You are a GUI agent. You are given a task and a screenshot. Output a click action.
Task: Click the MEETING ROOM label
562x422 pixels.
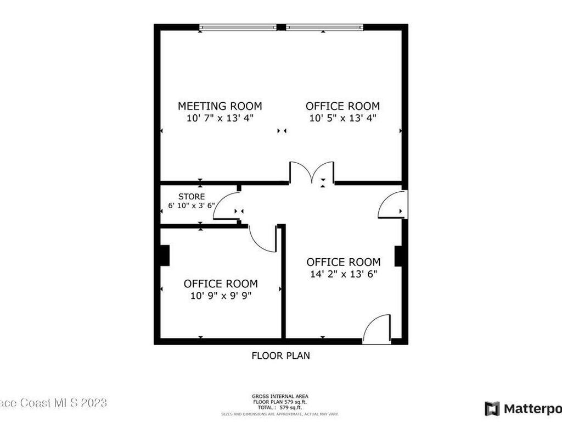(220, 106)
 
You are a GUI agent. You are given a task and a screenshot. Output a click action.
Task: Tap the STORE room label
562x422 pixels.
(192, 197)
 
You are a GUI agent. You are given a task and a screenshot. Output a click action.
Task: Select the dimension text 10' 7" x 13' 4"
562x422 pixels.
(220, 118)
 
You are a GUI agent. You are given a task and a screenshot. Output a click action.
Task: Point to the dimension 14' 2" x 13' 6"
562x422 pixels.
(342, 274)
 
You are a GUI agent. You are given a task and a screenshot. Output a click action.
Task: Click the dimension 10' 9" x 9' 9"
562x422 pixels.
(220, 296)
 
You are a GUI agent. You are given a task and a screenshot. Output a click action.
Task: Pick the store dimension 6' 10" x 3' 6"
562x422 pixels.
(192, 207)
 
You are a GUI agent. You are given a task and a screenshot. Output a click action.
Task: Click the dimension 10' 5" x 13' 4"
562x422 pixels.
(342, 118)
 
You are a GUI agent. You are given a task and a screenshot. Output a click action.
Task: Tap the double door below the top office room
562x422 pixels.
(312, 173)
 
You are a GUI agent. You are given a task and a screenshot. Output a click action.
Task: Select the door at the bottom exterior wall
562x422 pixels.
(377, 330)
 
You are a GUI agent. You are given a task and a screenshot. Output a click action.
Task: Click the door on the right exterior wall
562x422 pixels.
(392, 205)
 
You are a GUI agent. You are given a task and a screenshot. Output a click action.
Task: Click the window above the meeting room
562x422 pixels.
(238, 27)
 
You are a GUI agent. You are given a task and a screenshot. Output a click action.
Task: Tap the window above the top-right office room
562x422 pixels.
(324, 27)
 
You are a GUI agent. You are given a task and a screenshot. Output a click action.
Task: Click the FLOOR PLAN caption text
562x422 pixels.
(280, 356)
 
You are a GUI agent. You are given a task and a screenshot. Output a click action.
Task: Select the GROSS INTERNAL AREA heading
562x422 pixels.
(280, 396)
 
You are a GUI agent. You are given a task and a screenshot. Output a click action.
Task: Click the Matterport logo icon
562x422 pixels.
(492, 408)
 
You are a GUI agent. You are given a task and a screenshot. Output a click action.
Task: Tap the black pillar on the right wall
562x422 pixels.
(399, 256)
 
